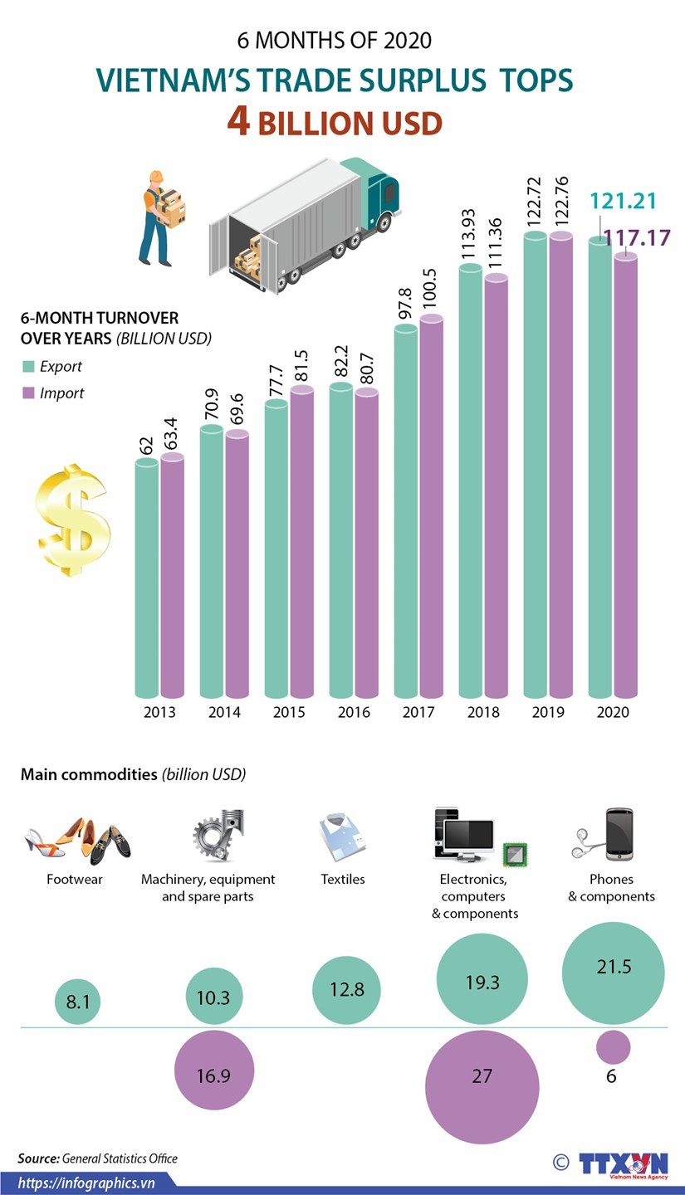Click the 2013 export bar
(x=146, y=581)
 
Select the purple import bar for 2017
(x=432, y=506)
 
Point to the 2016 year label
(x=354, y=712)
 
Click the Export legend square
(x=28, y=367)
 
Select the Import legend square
(x=28, y=393)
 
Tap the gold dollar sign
(x=72, y=520)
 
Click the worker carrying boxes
(x=159, y=217)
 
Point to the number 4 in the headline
(x=239, y=122)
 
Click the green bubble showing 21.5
(x=614, y=968)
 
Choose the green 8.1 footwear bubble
(x=78, y=1002)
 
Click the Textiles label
(x=343, y=879)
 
